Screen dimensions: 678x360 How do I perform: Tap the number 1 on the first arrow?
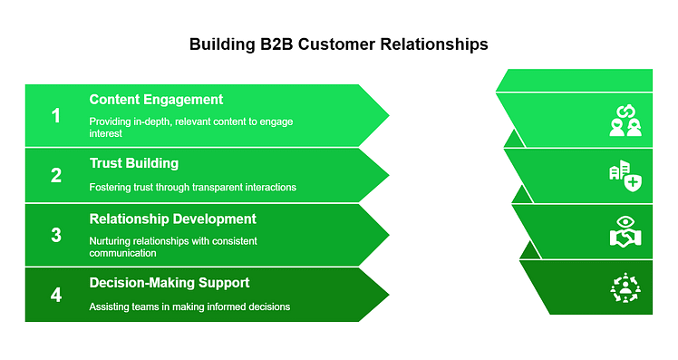coord(56,116)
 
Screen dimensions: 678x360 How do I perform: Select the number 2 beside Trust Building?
coord(56,175)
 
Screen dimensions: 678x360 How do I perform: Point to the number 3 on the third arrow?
coord(56,235)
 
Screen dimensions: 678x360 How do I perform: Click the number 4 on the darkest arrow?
coord(56,295)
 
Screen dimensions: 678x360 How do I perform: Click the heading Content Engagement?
coord(156,100)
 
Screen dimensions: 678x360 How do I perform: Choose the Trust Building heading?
coord(134,163)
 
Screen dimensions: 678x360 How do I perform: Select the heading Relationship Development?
coord(172,219)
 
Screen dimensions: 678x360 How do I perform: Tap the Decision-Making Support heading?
coord(169,283)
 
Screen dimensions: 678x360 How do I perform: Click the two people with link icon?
coord(625,121)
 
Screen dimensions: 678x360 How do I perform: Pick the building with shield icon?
coord(625,176)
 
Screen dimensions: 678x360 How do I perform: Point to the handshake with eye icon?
coord(625,232)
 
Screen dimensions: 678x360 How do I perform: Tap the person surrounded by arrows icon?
coord(625,287)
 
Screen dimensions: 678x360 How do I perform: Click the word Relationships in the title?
coord(434,44)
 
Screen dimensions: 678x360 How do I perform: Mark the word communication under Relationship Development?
coord(122,253)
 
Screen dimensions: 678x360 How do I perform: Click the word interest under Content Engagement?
coord(105,133)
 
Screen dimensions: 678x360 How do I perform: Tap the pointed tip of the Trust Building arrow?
coord(389,175)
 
